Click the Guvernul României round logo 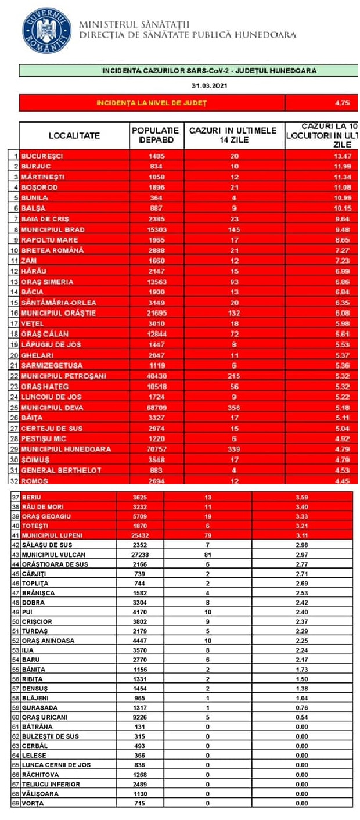(x=47, y=30)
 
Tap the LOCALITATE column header (x=74, y=135)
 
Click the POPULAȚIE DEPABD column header (x=156, y=135)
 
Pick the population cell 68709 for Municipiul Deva (x=156, y=407)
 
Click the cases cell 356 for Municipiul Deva (x=234, y=407)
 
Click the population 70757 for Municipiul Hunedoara (x=156, y=449)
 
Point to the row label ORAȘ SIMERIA (x=47, y=282)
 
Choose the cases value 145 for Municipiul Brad (x=234, y=229)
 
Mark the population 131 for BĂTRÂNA (x=140, y=727)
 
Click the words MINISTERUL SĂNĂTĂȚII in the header (x=134, y=25)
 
